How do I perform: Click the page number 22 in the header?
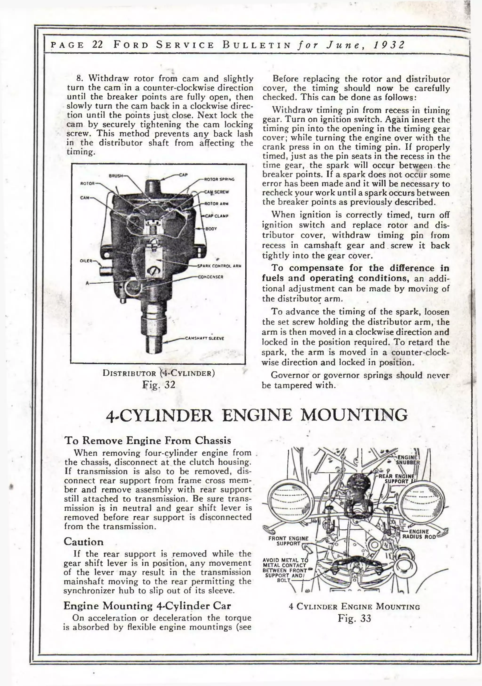[98, 45]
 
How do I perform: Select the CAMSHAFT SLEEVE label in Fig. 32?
[205, 338]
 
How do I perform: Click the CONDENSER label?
[211, 277]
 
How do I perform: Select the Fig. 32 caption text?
[159, 385]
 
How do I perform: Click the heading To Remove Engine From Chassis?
[148, 440]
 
